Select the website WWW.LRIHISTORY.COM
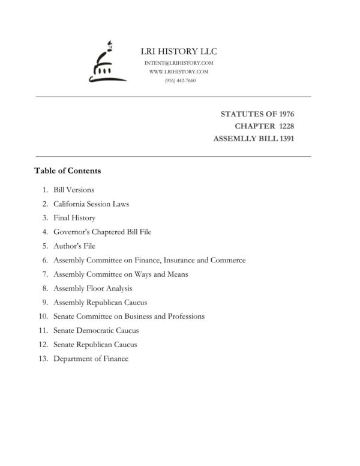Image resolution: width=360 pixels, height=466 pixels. tap(179, 71)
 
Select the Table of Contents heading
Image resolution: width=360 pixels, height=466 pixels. tap(67, 171)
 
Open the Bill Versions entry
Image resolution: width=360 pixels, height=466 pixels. tap(74, 190)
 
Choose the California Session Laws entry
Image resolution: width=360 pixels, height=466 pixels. tap(91, 204)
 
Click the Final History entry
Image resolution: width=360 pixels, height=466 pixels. tap(74, 218)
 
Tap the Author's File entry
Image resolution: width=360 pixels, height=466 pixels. tap(74, 246)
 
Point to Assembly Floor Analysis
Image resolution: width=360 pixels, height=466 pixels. tap(93, 288)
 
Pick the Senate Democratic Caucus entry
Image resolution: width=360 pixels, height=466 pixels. tap(96, 330)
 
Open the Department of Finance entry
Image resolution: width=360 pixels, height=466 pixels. tap(91, 359)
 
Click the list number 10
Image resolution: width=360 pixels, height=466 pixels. tap(43, 316)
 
